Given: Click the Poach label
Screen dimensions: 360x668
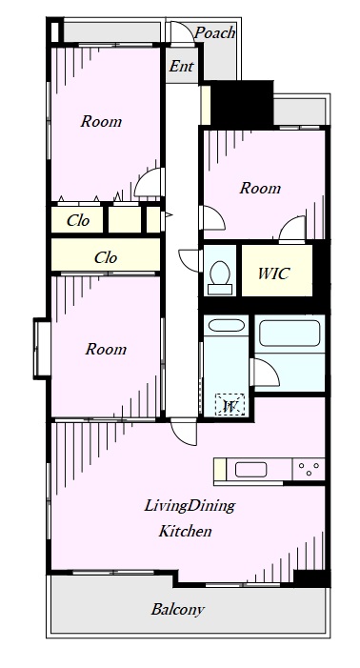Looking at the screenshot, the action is pos(215,32).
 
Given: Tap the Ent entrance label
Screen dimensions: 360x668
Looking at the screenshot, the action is pos(181,66).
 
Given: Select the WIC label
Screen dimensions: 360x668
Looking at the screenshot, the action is pos(274,273).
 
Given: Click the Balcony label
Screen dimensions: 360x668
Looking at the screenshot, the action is pos(178,609).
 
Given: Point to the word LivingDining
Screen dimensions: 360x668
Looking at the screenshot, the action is pos(190,506).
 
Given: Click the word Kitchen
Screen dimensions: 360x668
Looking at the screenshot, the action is pos(185,531).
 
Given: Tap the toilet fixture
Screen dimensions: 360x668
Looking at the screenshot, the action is pos(220,277).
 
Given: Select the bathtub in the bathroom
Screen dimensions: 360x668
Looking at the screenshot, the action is pos(290,334).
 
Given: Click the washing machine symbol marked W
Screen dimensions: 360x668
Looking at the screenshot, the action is pos(230,404).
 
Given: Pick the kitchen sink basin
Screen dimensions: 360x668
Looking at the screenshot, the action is pos(251,470).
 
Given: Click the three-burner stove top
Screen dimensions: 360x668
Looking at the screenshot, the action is pos(309,470).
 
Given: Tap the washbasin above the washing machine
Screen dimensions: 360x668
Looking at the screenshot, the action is pos(226,326).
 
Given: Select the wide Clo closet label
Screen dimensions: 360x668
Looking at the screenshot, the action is pos(106,257).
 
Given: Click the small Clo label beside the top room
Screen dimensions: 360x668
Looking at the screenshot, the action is pos(78,220).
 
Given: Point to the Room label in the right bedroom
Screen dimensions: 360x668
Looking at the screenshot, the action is pos(260,188).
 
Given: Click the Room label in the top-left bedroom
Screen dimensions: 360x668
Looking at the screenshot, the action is pos(101,121).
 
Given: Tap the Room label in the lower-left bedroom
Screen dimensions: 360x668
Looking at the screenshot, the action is pos(106,349).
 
